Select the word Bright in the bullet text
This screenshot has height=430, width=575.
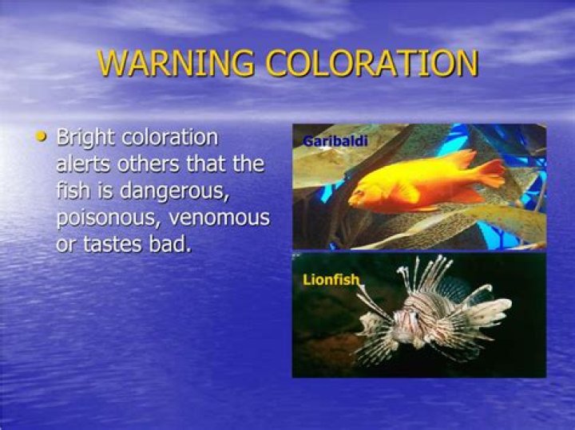pos(85,138)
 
